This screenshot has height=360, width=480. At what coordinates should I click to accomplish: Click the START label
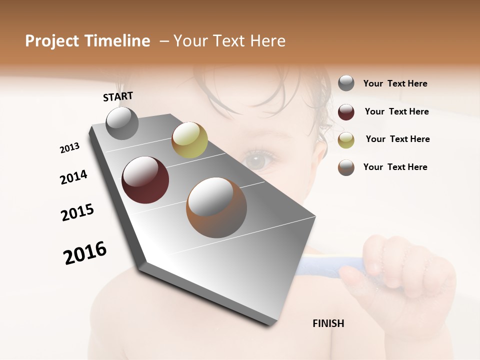click(118, 96)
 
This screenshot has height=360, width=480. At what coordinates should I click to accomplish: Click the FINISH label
click(328, 323)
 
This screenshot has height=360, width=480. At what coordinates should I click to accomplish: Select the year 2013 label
click(70, 147)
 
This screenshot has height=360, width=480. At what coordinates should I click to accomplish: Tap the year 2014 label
click(74, 177)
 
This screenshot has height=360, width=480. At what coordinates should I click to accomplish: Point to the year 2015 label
click(77, 212)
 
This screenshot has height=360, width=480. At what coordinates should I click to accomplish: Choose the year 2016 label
click(85, 252)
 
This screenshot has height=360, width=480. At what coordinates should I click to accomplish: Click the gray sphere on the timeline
click(122, 123)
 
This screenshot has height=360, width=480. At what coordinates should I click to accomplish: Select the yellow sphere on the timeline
click(189, 140)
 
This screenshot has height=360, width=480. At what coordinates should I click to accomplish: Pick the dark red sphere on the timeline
click(145, 180)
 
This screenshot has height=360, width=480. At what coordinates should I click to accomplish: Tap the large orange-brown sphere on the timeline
click(216, 207)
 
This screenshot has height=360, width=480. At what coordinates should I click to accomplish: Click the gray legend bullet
click(346, 83)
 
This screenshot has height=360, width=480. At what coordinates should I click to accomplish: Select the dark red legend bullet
click(346, 112)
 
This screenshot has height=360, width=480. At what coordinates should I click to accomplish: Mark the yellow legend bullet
click(346, 140)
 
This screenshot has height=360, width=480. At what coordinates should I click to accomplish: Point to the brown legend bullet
click(346, 167)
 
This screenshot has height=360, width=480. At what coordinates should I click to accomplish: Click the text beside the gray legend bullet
click(395, 83)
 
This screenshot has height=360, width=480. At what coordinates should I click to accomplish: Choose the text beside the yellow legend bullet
click(397, 139)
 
